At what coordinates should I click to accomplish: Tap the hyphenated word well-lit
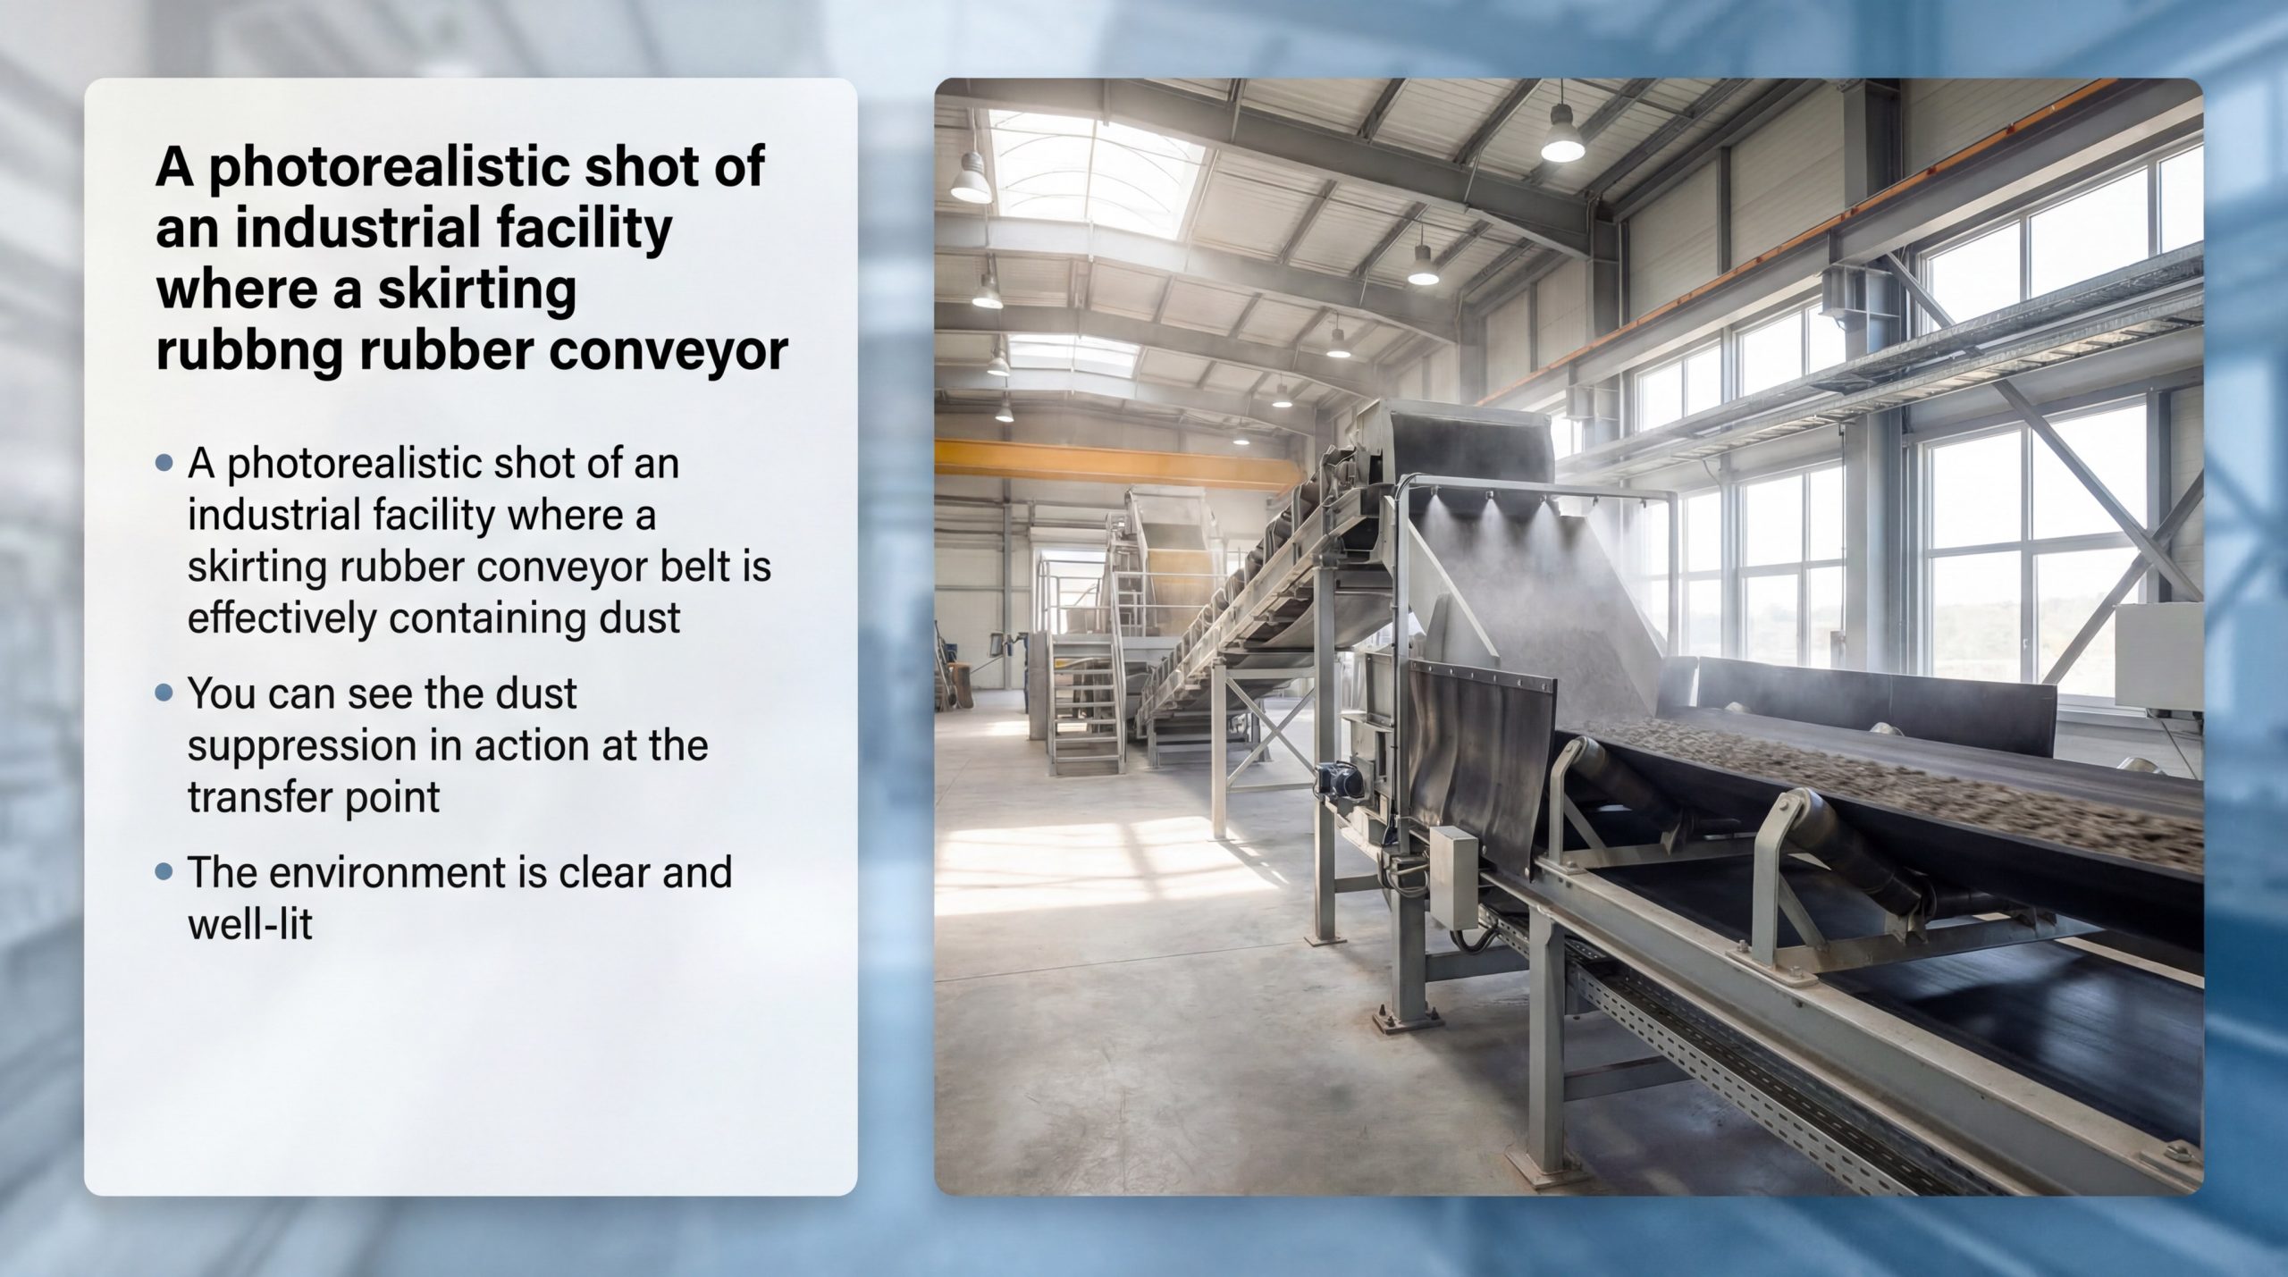tap(250, 924)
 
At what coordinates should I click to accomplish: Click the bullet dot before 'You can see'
tap(163, 693)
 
